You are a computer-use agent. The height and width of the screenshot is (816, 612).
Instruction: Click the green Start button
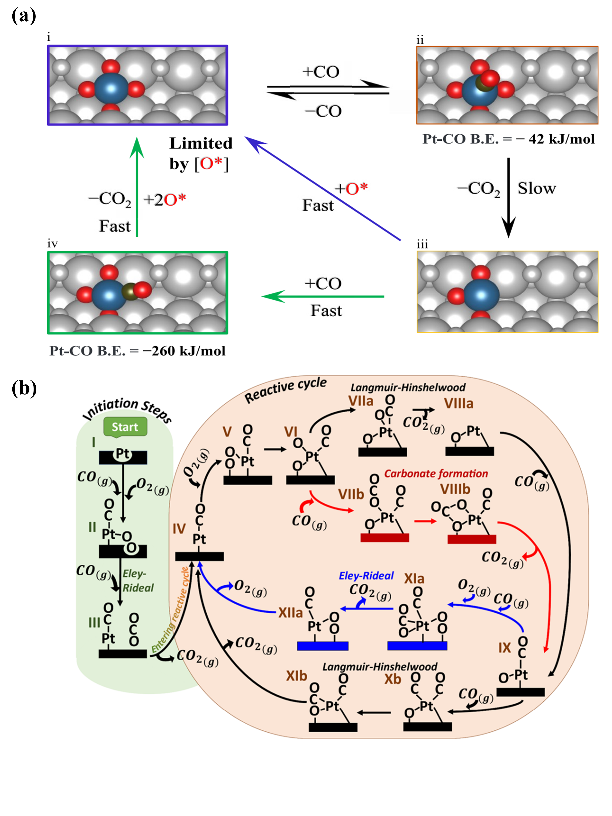point(125,427)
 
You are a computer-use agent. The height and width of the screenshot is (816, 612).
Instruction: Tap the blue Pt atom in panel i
point(111,88)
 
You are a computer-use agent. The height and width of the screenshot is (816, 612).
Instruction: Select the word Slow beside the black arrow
point(536,189)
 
